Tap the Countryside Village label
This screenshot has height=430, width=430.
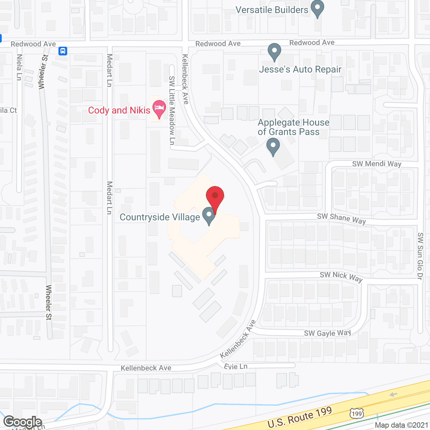tap(160, 217)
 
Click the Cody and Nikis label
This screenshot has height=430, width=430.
tap(119, 111)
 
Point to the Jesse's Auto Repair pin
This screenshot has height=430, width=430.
tap(274, 52)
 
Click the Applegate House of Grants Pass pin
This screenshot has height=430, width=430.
tap(273, 147)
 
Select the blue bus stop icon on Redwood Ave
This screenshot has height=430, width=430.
tap(63, 51)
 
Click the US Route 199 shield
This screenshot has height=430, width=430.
tap(356, 414)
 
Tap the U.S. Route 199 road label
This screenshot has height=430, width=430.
tap(300, 417)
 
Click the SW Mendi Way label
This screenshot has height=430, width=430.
tap(377, 164)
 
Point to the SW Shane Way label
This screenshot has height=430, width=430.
tap(341, 218)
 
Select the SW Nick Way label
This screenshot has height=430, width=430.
tap(341, 276)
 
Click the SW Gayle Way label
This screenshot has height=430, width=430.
tap(328, 333)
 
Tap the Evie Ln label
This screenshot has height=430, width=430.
tap(235, 367)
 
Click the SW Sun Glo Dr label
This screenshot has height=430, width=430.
tap(420, 256)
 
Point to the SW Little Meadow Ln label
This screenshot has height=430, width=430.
tap(172, 111)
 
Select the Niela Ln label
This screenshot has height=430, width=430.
tap(19, 67)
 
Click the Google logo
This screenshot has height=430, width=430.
tap(23, 422)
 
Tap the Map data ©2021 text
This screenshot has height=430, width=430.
tap(401, 425)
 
